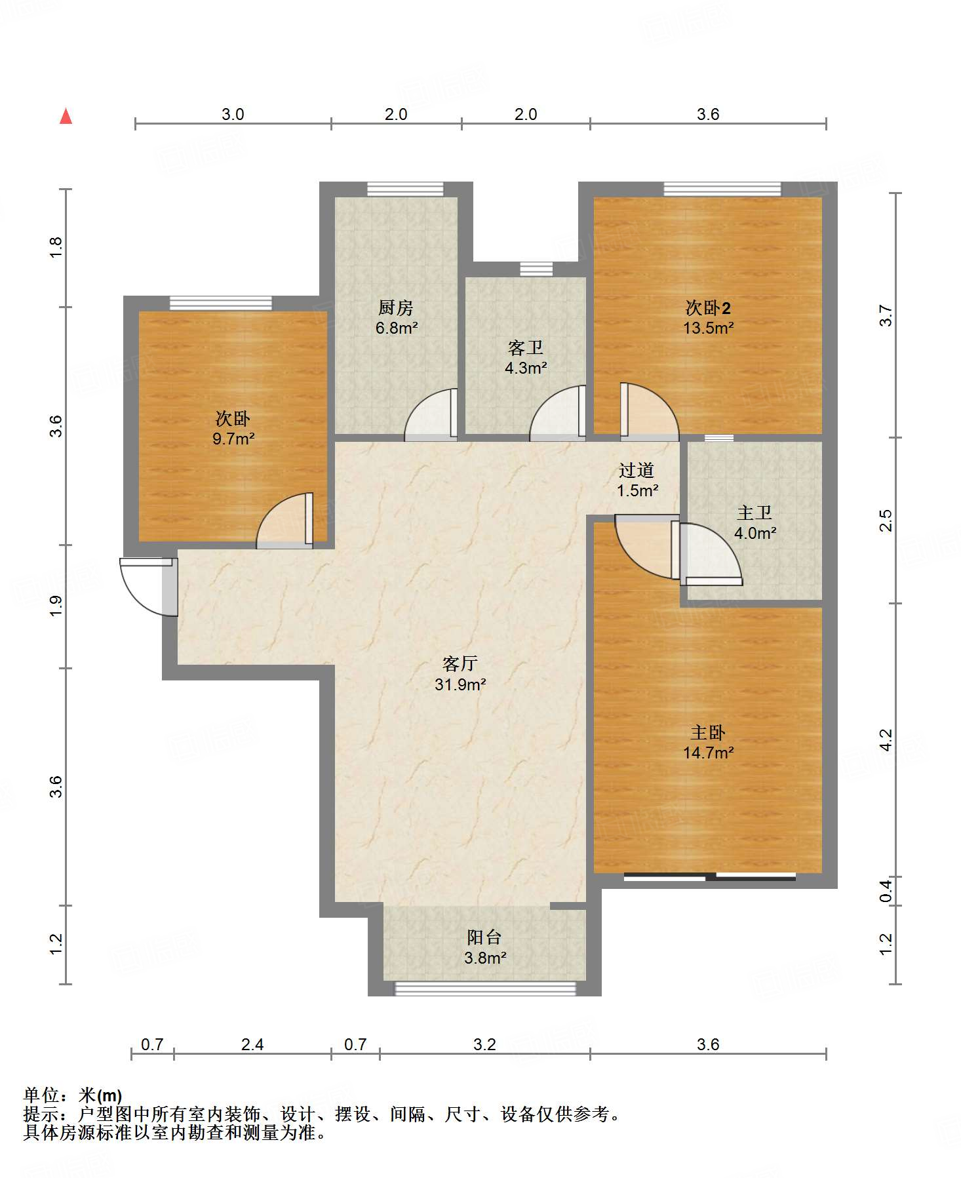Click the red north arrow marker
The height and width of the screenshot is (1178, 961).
pyautogui.click(x=66, y=116)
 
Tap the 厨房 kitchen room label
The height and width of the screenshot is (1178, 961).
pyautogui.click(x=396, y=307)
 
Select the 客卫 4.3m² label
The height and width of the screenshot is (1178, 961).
pyautogui.click(x=526, y=357)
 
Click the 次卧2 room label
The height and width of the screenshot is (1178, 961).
pyautogui.click(x=708, y=307)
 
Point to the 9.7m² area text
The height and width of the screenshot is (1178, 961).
pyautogui.click(x=233, y=439)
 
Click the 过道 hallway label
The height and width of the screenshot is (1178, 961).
pyautogui.click(x=637, y=470)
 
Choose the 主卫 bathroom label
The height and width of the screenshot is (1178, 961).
pyautogui.click(x=755, y=513)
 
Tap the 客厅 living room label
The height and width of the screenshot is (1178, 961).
pyautogui.click(x=460, y=664)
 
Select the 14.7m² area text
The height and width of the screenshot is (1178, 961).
pyautogui.click(x=709, y=753)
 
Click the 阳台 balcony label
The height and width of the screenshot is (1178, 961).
pyautogui.click(x=484, y=937)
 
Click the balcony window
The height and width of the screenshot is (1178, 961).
pyautogui.click(x=485, y=989)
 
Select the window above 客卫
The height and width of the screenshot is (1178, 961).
pyautogui.click(x=536, y=269)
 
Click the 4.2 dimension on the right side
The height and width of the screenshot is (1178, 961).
pyautogui.click(x=886, y=740)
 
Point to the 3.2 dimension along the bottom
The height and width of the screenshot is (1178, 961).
pyautogui.click(x=484, y=1044)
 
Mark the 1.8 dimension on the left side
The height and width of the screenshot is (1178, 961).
pyautogui.click(x=56, y=247)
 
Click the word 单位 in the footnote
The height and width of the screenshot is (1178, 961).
pyautogui.click(x=41, y=1095)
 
